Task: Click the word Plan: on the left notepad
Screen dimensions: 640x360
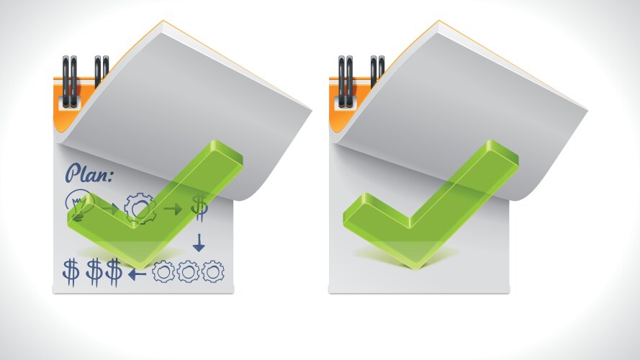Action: tap(89, 173)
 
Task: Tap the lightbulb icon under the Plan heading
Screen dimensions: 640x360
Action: tap(80, 205)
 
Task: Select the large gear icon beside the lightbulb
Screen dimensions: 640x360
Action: tap(140, 209)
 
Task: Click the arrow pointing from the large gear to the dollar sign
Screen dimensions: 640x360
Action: tap(173, 210)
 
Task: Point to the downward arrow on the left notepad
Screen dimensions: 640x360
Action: tap(199, 243)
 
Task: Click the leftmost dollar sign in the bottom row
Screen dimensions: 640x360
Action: tap(71, 272)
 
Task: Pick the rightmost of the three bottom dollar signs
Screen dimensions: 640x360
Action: tap(114, 272)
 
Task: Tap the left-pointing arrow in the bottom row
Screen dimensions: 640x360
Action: tap(137, 274)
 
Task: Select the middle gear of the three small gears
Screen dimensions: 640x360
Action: tap(188, 271)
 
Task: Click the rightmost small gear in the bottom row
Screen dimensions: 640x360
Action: tap(213, 271)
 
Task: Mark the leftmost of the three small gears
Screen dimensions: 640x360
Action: tap(163, 271)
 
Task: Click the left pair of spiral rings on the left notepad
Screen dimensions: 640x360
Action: tap(70, 81)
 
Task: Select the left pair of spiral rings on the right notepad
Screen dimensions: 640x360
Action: tap(346, 81)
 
